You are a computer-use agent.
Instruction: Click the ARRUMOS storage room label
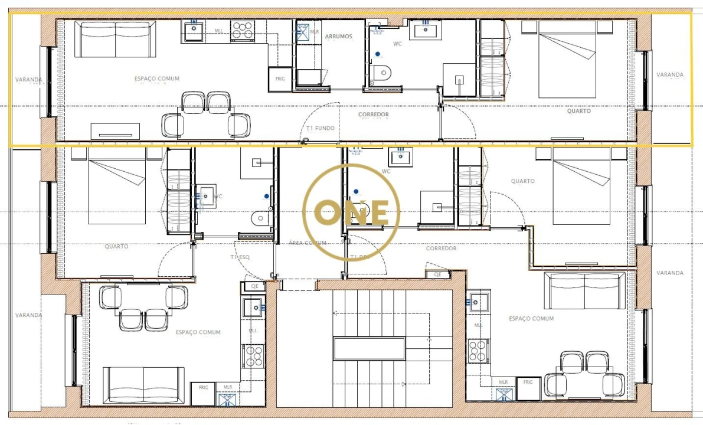(338, 37)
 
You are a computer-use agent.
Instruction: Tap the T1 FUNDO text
(321, 128)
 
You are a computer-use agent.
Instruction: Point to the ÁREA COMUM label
(308, 243)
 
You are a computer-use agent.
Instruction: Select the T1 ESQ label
(240, 257)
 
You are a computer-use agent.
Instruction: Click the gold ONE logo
(351, 212)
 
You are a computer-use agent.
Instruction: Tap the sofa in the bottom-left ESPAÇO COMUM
(143, 385)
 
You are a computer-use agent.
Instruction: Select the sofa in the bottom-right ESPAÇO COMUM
(585, 290)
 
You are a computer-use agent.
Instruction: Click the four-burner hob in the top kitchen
(242, 29)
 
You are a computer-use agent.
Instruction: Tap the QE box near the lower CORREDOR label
(437, 274)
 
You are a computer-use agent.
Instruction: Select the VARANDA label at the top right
(670, 75)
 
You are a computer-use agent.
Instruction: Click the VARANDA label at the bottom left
(28, 315)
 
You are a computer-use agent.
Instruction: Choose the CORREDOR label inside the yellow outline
(373, 115)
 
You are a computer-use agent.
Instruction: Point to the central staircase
(370, 348)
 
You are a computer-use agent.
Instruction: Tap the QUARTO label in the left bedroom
(116, 247)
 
